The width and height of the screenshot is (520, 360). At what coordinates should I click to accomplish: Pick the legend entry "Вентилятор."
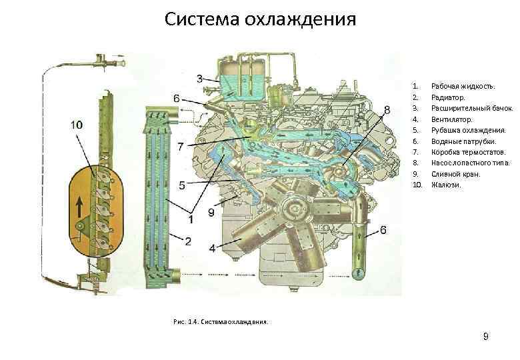click(x=452, y=119)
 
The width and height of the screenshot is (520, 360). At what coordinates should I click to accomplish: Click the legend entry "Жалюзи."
click(x=445, y=185)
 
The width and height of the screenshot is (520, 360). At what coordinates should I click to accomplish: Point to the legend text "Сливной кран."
click(x=455, y=174)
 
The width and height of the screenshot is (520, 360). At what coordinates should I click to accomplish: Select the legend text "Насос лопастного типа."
click(x=471, y=163)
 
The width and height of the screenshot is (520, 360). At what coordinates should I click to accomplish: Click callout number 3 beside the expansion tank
click(x=200, y=79)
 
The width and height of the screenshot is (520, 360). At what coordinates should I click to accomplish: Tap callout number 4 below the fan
click(x=213, y=247)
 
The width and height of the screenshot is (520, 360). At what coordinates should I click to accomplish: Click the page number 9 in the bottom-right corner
click(x=486, y=337)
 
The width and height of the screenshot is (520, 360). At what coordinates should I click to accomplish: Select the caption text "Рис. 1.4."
click(x=185, y=321)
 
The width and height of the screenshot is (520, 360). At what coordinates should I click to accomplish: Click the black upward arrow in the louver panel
click(x=80, y=206)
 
